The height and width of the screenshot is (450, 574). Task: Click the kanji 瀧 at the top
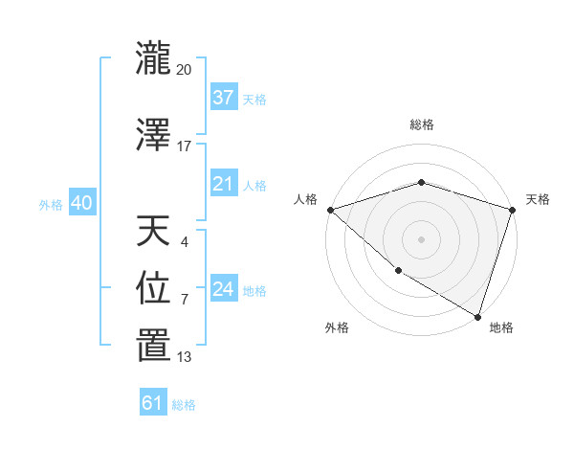tap(154, 58)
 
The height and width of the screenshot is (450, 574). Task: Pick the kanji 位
tap(154, 288)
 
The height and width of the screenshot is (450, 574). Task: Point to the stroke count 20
tap(185, 70)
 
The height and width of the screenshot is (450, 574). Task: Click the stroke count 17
tap(185, 146)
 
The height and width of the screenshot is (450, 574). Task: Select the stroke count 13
tap(185, 358)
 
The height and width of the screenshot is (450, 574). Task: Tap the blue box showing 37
tap(223, 98)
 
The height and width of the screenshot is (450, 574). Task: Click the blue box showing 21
tap(223, 184)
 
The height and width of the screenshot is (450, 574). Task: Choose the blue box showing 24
tap(223, 290)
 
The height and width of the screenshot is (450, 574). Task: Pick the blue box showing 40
tap(81, 203)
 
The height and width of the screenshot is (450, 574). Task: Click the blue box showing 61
tap(152, 403)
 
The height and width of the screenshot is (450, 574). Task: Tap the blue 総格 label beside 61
tap(184, 405)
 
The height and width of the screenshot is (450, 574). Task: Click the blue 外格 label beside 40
tap(51, 204)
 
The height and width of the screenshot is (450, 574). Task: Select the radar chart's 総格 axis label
tap(421, 124)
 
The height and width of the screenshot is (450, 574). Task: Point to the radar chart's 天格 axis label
tap(538, 199)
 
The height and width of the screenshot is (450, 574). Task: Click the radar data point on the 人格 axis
tap(330, 210)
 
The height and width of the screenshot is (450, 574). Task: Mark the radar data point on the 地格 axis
tap(477, 316)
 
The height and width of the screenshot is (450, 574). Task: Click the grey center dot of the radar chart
tap(421, 238)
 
